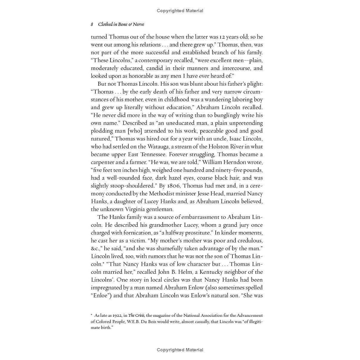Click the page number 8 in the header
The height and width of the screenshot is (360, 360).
(x=92, y=24)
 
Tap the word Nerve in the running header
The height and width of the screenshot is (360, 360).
(x=138, y=24)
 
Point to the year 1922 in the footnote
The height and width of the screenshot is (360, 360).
(x=117, y=315)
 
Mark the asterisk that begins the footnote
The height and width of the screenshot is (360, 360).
(x=92, y=315)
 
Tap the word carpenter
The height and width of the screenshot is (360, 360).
(x=103, y=162)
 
